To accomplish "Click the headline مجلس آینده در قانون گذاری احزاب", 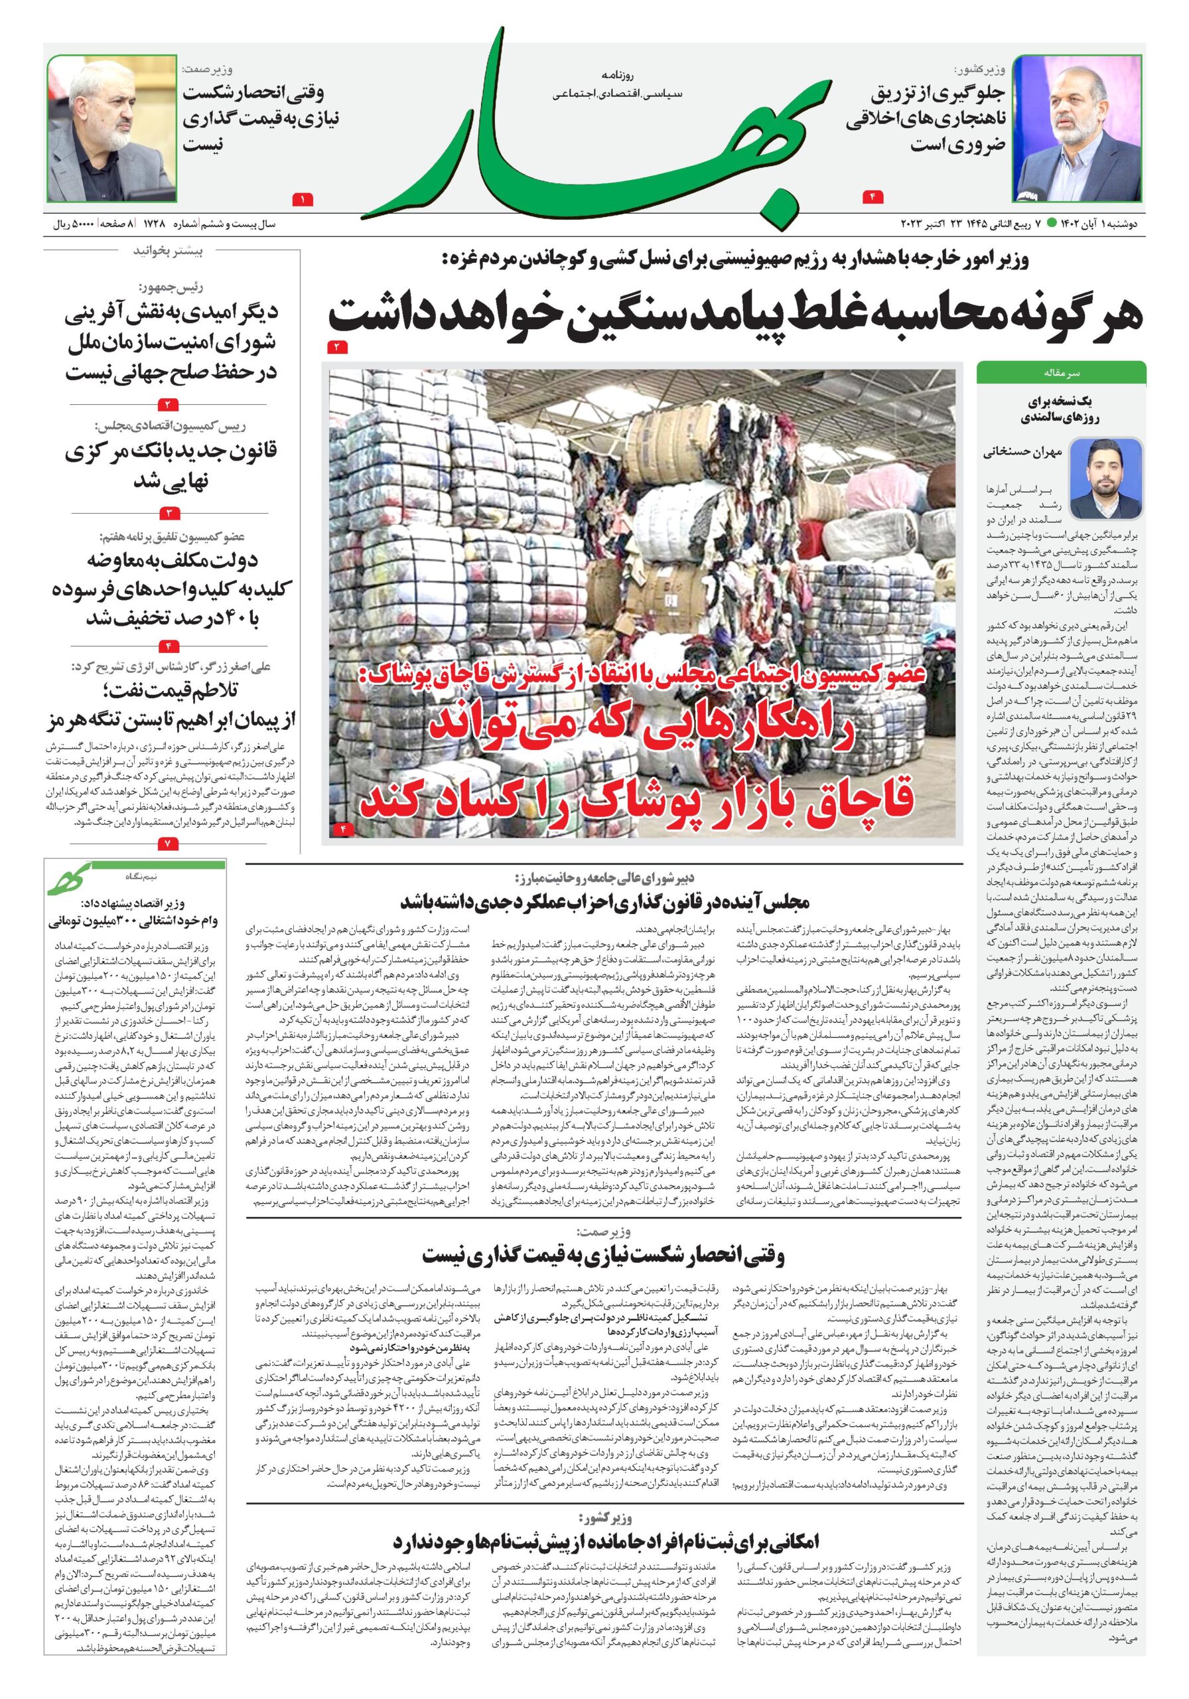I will (604, 902).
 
